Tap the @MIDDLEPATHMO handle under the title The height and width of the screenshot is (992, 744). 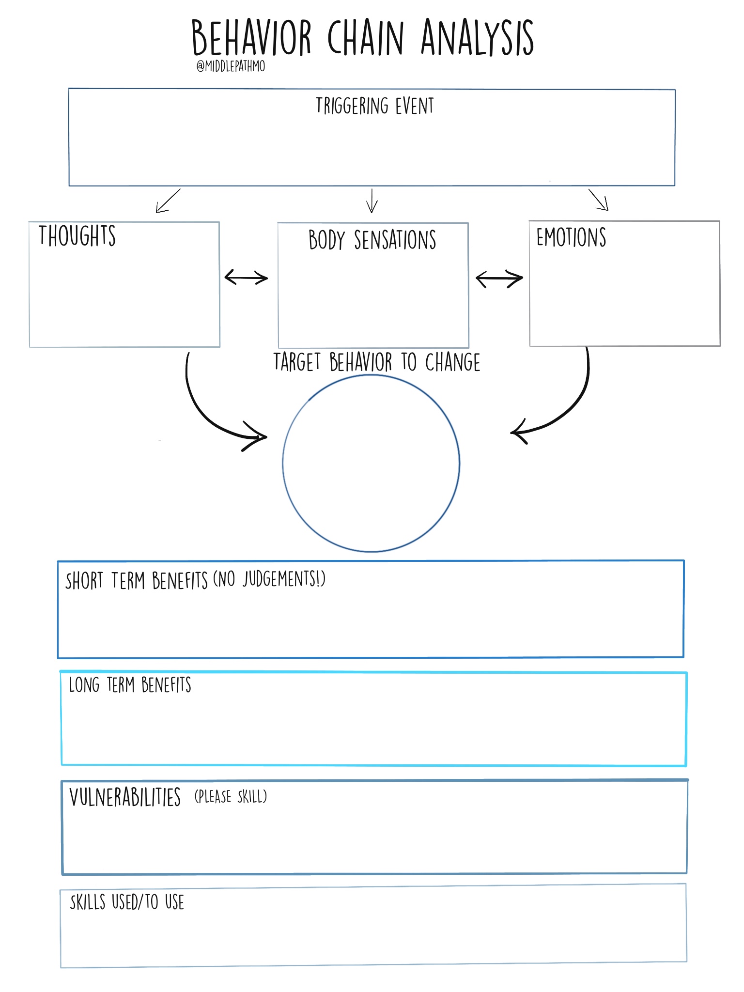[231, 66]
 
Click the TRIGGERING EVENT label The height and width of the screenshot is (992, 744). [374, 106]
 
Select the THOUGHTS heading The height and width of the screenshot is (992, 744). [77, 236]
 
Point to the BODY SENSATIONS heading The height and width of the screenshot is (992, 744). [372, 240]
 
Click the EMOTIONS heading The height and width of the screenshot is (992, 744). [571, 237]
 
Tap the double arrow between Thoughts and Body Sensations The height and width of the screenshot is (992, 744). [246, 278]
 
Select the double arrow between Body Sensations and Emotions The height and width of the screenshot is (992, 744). [499, 279]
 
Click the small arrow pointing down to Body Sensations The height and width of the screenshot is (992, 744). [372, 201]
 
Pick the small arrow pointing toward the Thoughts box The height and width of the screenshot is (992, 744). [168, 201]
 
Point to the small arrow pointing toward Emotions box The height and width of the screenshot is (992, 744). [598, 200]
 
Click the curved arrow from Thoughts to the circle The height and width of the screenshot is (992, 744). [208, 412]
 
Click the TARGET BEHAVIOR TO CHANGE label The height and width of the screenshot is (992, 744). [377, 362]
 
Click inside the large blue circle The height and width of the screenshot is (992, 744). [371, 464]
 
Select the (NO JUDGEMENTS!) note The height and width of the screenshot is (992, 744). [269, 579]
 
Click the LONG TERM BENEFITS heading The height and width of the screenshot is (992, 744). [130, 685]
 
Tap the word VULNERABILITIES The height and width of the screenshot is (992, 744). [125, 797]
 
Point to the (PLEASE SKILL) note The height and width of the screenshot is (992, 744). [231, 797]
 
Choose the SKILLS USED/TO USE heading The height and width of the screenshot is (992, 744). [127, 902]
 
